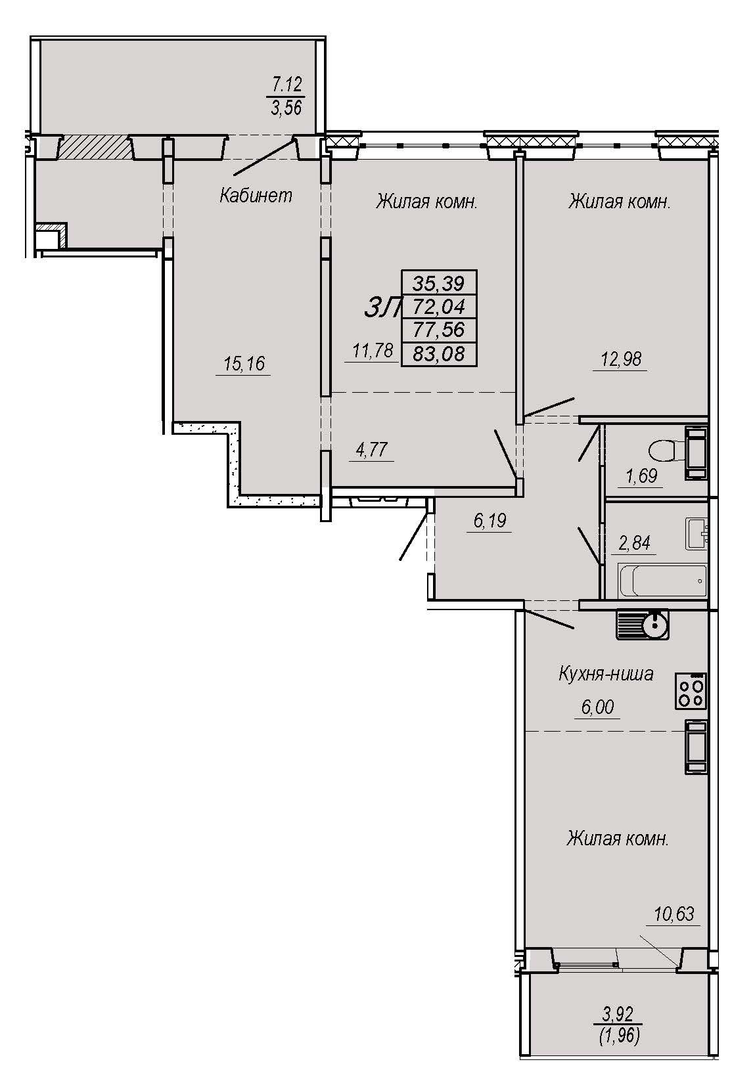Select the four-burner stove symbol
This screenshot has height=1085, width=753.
691,691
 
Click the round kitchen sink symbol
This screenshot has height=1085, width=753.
643,625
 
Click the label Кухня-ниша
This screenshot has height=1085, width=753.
606,674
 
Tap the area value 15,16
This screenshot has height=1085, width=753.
244,363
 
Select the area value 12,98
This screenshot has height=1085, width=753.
621,359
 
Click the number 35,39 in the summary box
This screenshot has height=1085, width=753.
438,282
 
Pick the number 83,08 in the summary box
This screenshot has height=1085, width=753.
439,354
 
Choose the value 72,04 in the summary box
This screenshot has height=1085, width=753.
439,306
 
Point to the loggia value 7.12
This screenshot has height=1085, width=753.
287,85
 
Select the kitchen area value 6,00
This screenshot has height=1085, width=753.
597,707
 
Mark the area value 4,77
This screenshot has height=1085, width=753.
372,449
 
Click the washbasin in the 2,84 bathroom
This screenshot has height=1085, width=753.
696,533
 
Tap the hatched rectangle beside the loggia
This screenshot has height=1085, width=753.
95,147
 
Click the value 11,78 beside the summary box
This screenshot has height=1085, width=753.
373,350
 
